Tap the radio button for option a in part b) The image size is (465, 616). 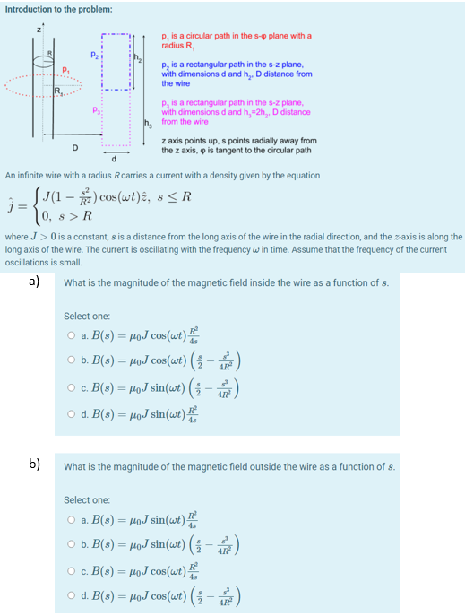click(x=69, y=520)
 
